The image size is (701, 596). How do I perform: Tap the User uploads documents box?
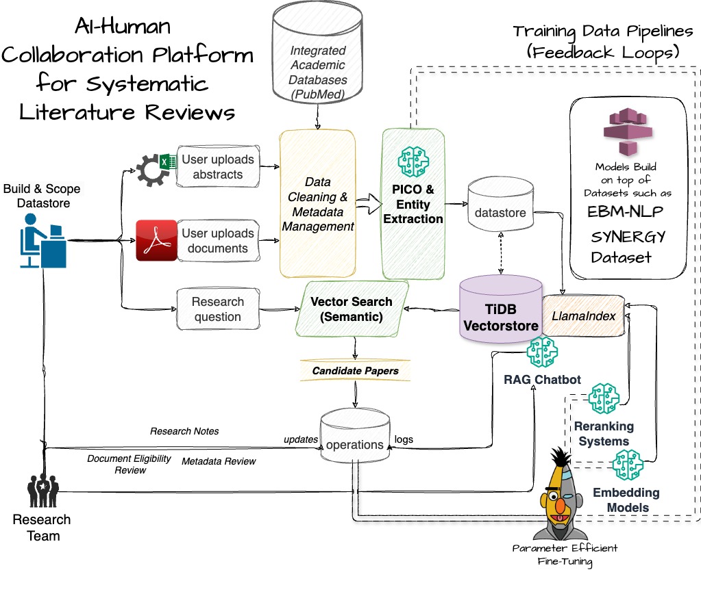pos(217,241)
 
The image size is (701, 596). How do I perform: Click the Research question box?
pos(217,309)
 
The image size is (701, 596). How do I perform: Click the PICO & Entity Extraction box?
pos(413,204)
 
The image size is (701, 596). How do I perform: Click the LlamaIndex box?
pos(583,315)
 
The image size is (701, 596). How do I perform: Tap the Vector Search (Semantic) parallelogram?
pos(352,309)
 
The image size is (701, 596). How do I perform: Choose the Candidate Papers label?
pos(355,371)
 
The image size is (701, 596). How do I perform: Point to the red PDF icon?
pos(156,241)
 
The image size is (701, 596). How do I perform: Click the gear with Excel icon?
pos(154,168)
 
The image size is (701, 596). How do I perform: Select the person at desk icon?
pos(42,240)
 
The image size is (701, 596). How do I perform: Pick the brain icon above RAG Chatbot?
pos(541,352)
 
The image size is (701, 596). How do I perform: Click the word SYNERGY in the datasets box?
pos(628,237)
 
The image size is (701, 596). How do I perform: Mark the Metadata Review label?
pos(219,462)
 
